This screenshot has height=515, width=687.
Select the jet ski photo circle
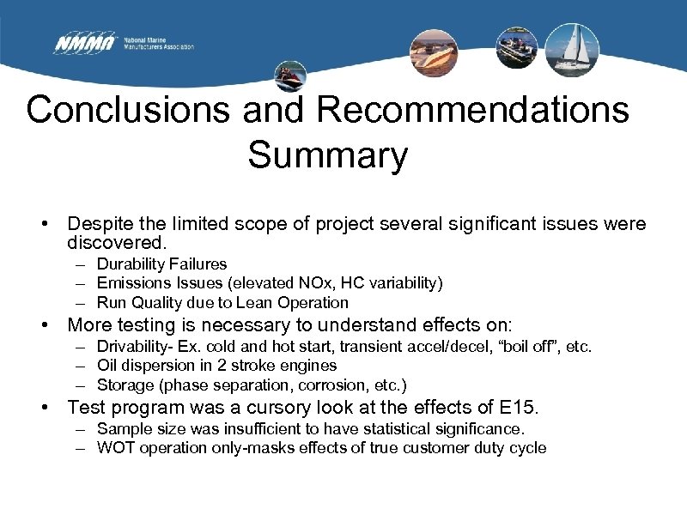click(290, 76)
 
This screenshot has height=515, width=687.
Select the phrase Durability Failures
click(161, 264)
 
